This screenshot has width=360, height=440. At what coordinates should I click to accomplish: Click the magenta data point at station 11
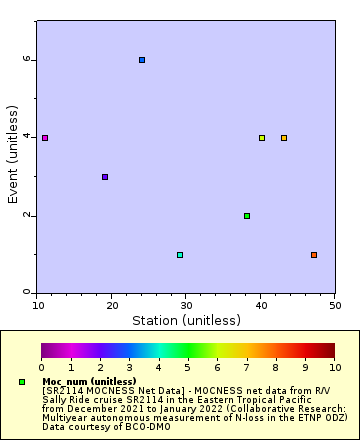click(45, 138)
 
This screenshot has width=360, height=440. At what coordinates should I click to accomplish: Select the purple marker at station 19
click(105, 177)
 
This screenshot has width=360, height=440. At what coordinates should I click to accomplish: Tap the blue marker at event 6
click(142, 60)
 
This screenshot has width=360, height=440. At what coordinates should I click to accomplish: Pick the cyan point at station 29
click(180, 255)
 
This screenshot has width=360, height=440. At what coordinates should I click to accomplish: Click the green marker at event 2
click(247, 216)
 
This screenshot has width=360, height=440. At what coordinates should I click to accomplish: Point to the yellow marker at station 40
click(262, 138)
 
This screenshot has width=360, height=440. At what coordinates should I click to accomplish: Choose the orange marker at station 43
click(284, 138)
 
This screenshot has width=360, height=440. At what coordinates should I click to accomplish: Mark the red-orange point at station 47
click(314, 255)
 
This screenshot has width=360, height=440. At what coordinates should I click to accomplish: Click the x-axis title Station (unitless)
click(186, 321)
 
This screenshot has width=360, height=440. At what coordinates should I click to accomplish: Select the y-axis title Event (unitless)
click(13, 158)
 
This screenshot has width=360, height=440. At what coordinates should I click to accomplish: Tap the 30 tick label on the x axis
click(186, 304)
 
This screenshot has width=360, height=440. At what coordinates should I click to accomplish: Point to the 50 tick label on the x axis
click(334, 304)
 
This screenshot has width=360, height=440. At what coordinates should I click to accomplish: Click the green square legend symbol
click(22, 382)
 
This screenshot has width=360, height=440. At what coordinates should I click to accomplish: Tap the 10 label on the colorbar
click(334, 368)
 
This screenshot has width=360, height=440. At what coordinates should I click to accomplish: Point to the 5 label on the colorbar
click(188, 368)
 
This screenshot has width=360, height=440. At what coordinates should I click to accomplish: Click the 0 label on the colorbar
click(41, 368)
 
